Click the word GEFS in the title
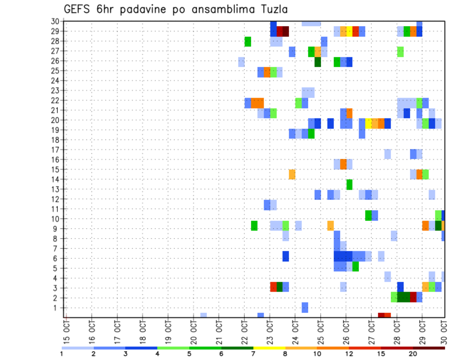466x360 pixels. point(79,9)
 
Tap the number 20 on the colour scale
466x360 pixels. point(413,354)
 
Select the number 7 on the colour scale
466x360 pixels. point(253,354)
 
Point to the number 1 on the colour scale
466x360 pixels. point(62,354)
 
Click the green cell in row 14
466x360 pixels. point(349,184)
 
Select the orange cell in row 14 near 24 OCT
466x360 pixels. point(292,174)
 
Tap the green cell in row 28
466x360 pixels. point(248,41)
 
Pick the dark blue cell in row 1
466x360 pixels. point(305,308)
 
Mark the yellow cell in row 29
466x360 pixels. point(349,32)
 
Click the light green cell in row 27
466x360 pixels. point(400,51)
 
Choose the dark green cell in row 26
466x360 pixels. point(317,62)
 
